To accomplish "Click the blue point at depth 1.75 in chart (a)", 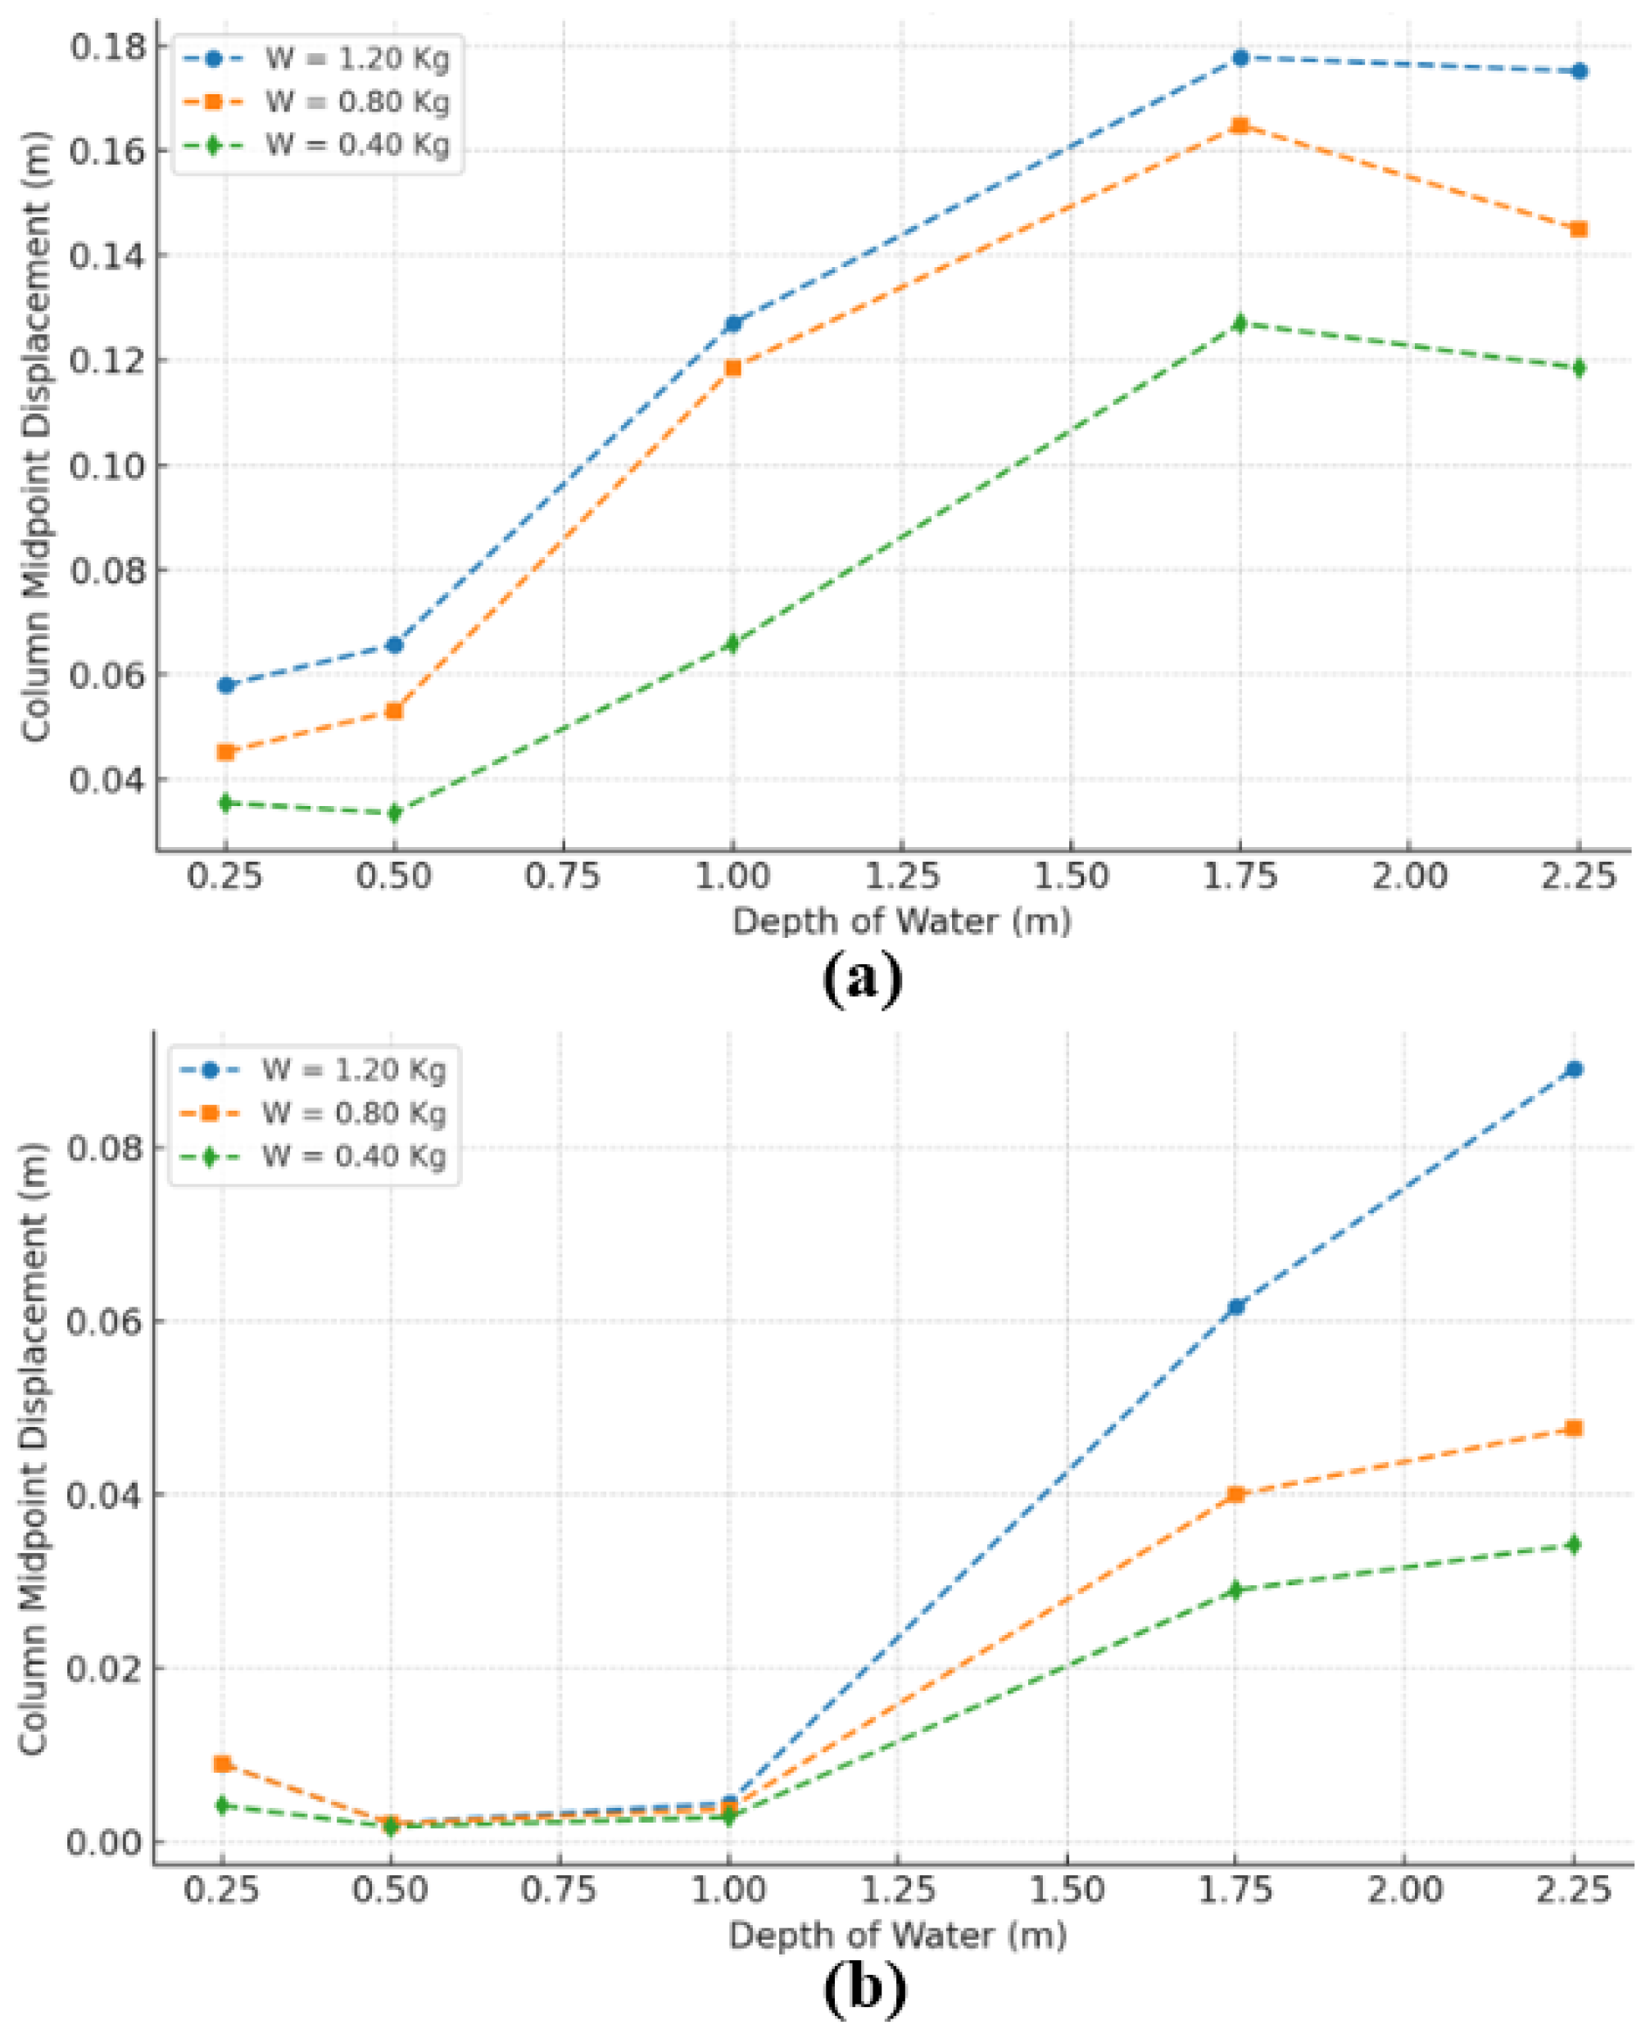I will coord(1240,58).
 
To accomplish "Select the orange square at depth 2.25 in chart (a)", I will coord(1579,229).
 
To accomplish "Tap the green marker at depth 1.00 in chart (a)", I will coord(731,644).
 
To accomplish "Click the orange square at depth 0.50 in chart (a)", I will coord(394,711).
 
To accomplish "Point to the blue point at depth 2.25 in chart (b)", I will coord(1574,1069).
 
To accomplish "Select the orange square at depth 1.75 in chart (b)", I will coord(1235,1494).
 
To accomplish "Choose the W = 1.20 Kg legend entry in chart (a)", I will coord(356,58).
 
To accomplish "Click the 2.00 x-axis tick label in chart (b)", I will coord(1405,1891).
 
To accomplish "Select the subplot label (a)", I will coord(861,978).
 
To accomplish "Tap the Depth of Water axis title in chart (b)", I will coord(897,1935).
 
